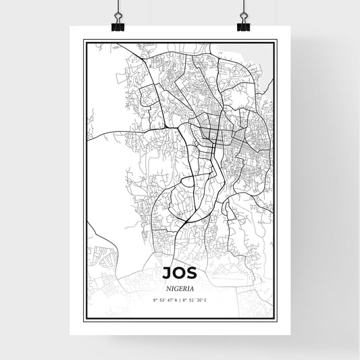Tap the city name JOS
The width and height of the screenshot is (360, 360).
(180, 272)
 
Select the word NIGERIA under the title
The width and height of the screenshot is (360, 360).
(180, 286)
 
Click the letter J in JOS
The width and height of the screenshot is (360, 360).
(165, 272)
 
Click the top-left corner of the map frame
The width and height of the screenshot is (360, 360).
(84, 41)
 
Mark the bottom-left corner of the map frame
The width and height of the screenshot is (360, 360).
(84, 319)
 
